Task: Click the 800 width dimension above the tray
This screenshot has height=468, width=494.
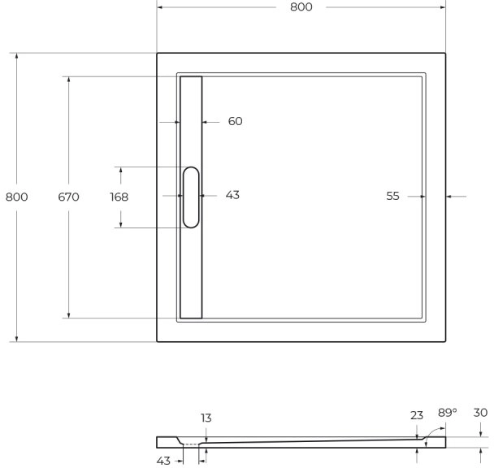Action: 301,6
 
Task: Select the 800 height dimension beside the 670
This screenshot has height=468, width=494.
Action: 17,197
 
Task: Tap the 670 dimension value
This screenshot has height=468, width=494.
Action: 68,197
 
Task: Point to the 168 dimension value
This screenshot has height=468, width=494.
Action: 119,197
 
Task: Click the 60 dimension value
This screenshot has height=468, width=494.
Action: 235,122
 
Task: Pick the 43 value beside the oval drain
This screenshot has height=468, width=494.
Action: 232,196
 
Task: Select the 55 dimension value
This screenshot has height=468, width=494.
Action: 393,196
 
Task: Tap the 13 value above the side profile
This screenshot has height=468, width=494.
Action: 206,418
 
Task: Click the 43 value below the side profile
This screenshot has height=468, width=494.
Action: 163,461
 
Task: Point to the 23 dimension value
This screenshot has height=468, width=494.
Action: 417,414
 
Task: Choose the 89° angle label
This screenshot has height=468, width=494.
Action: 448,413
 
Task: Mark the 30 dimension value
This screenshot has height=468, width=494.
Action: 480,413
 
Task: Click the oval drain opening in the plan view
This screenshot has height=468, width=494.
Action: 192,197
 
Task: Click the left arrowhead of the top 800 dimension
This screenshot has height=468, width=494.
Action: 161,6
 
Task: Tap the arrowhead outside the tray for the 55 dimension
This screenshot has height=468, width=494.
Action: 451,196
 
